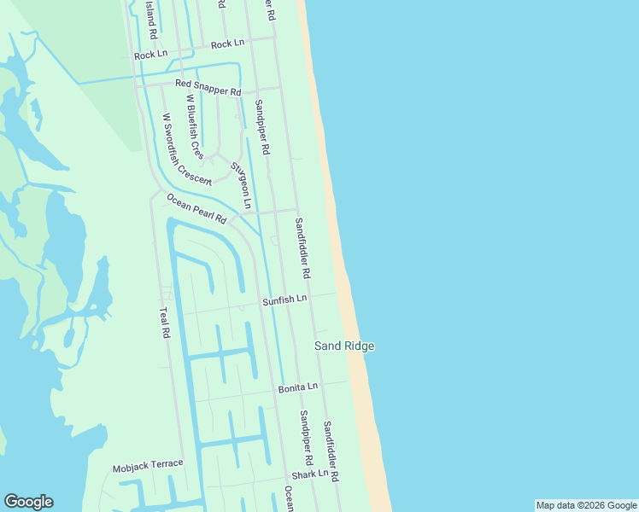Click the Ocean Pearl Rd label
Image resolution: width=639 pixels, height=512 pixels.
click(x=196, y=209)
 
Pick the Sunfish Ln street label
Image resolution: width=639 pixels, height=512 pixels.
click(x=284, y=300)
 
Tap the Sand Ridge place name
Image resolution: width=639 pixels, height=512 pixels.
click(x=344, y=346)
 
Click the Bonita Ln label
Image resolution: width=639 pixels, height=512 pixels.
click(x=297, y=387)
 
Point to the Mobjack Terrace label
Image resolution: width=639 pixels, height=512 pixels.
click(x=148, y=464)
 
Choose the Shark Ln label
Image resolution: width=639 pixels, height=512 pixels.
click(x=309, y=474)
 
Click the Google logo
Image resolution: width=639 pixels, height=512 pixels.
click(x=28, y=502)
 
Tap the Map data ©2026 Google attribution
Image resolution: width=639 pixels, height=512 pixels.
click(x=586, y=505)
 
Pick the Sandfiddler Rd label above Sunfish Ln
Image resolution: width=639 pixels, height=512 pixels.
click(x=302, y=249)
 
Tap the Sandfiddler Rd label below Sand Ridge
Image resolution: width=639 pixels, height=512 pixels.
click(x=331, y=450)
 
